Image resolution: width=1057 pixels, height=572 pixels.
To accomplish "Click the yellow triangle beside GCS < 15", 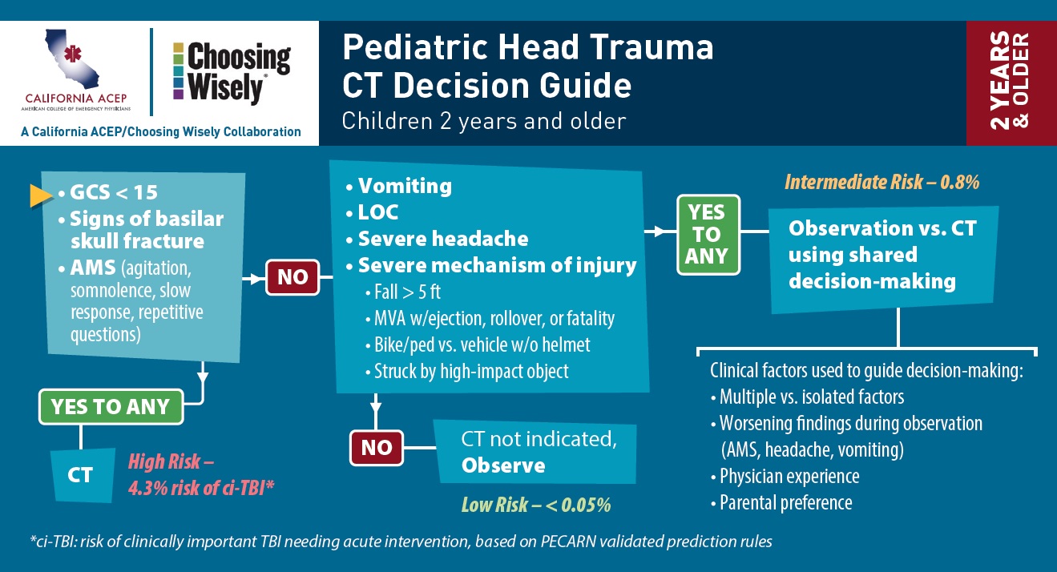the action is click(x=41, y=195).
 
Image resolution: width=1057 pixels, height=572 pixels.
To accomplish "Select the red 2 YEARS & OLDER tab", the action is click(x=1011, y=83).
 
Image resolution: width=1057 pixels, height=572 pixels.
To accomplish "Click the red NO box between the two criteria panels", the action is click(x=292, y=277).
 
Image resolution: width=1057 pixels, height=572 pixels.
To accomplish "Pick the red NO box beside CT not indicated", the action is click(x=377, y=448).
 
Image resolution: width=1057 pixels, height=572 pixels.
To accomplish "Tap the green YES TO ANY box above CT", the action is click(x=111, y=407).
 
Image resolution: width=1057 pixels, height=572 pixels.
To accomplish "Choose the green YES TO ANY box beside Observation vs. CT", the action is click(x=708, y=235).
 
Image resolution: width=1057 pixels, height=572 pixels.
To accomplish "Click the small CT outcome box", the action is click(x=82, y=475).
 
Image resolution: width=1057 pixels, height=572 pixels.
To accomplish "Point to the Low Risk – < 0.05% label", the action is click(x=536, y=505).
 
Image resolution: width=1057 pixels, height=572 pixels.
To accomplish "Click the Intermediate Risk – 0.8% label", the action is click(x=882, y=182).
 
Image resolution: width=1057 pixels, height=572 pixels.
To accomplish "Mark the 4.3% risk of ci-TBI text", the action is click(x=201, y=488).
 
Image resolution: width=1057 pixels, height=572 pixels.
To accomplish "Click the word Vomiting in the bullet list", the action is click(x=405, y=186).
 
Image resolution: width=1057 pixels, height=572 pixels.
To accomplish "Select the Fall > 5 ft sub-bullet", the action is click(x=407, y=292).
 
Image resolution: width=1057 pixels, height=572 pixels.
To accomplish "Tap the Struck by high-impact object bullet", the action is click(x=471, y=372).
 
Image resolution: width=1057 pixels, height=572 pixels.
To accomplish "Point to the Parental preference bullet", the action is click(x=785, y=502).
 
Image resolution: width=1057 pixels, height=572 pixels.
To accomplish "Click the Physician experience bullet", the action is click(x=789, y=477).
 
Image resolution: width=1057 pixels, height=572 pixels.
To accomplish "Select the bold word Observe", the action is click(x=503, y=466).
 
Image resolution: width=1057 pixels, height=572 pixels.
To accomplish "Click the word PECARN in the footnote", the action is click(x=568, y=542).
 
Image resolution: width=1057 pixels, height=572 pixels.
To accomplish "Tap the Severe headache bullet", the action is click(x=443, y=239).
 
